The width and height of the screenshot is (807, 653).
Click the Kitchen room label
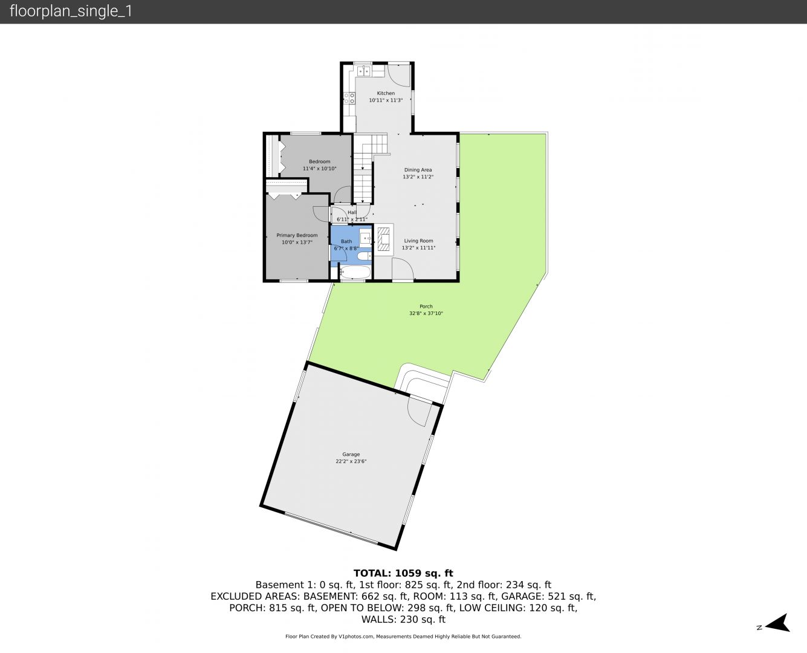tap(386, 93)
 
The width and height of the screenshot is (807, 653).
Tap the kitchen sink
tap(364, 71)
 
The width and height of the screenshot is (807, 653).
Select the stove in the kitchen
tap(349, 98)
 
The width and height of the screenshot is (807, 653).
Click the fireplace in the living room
tap(384, 239)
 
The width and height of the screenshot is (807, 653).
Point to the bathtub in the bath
tap(355, 271)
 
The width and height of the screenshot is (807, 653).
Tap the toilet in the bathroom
tap(365, 256)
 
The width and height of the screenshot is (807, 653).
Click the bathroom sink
tap(366, 238)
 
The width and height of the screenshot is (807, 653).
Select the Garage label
tap(351, 454)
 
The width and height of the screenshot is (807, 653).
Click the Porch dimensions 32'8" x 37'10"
tap(426, 313)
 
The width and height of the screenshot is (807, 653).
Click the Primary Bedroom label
tap(297, 235)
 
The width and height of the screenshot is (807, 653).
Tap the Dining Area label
tap(418, 170)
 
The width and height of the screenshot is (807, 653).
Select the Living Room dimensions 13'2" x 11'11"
tap(418, 248)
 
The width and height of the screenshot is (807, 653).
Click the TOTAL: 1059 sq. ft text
tap(404, 573)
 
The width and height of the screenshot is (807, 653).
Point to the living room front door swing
tap(403, 270)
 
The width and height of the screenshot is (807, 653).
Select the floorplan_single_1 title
tap(71, 11)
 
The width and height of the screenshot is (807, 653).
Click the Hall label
tap(352, 213)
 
